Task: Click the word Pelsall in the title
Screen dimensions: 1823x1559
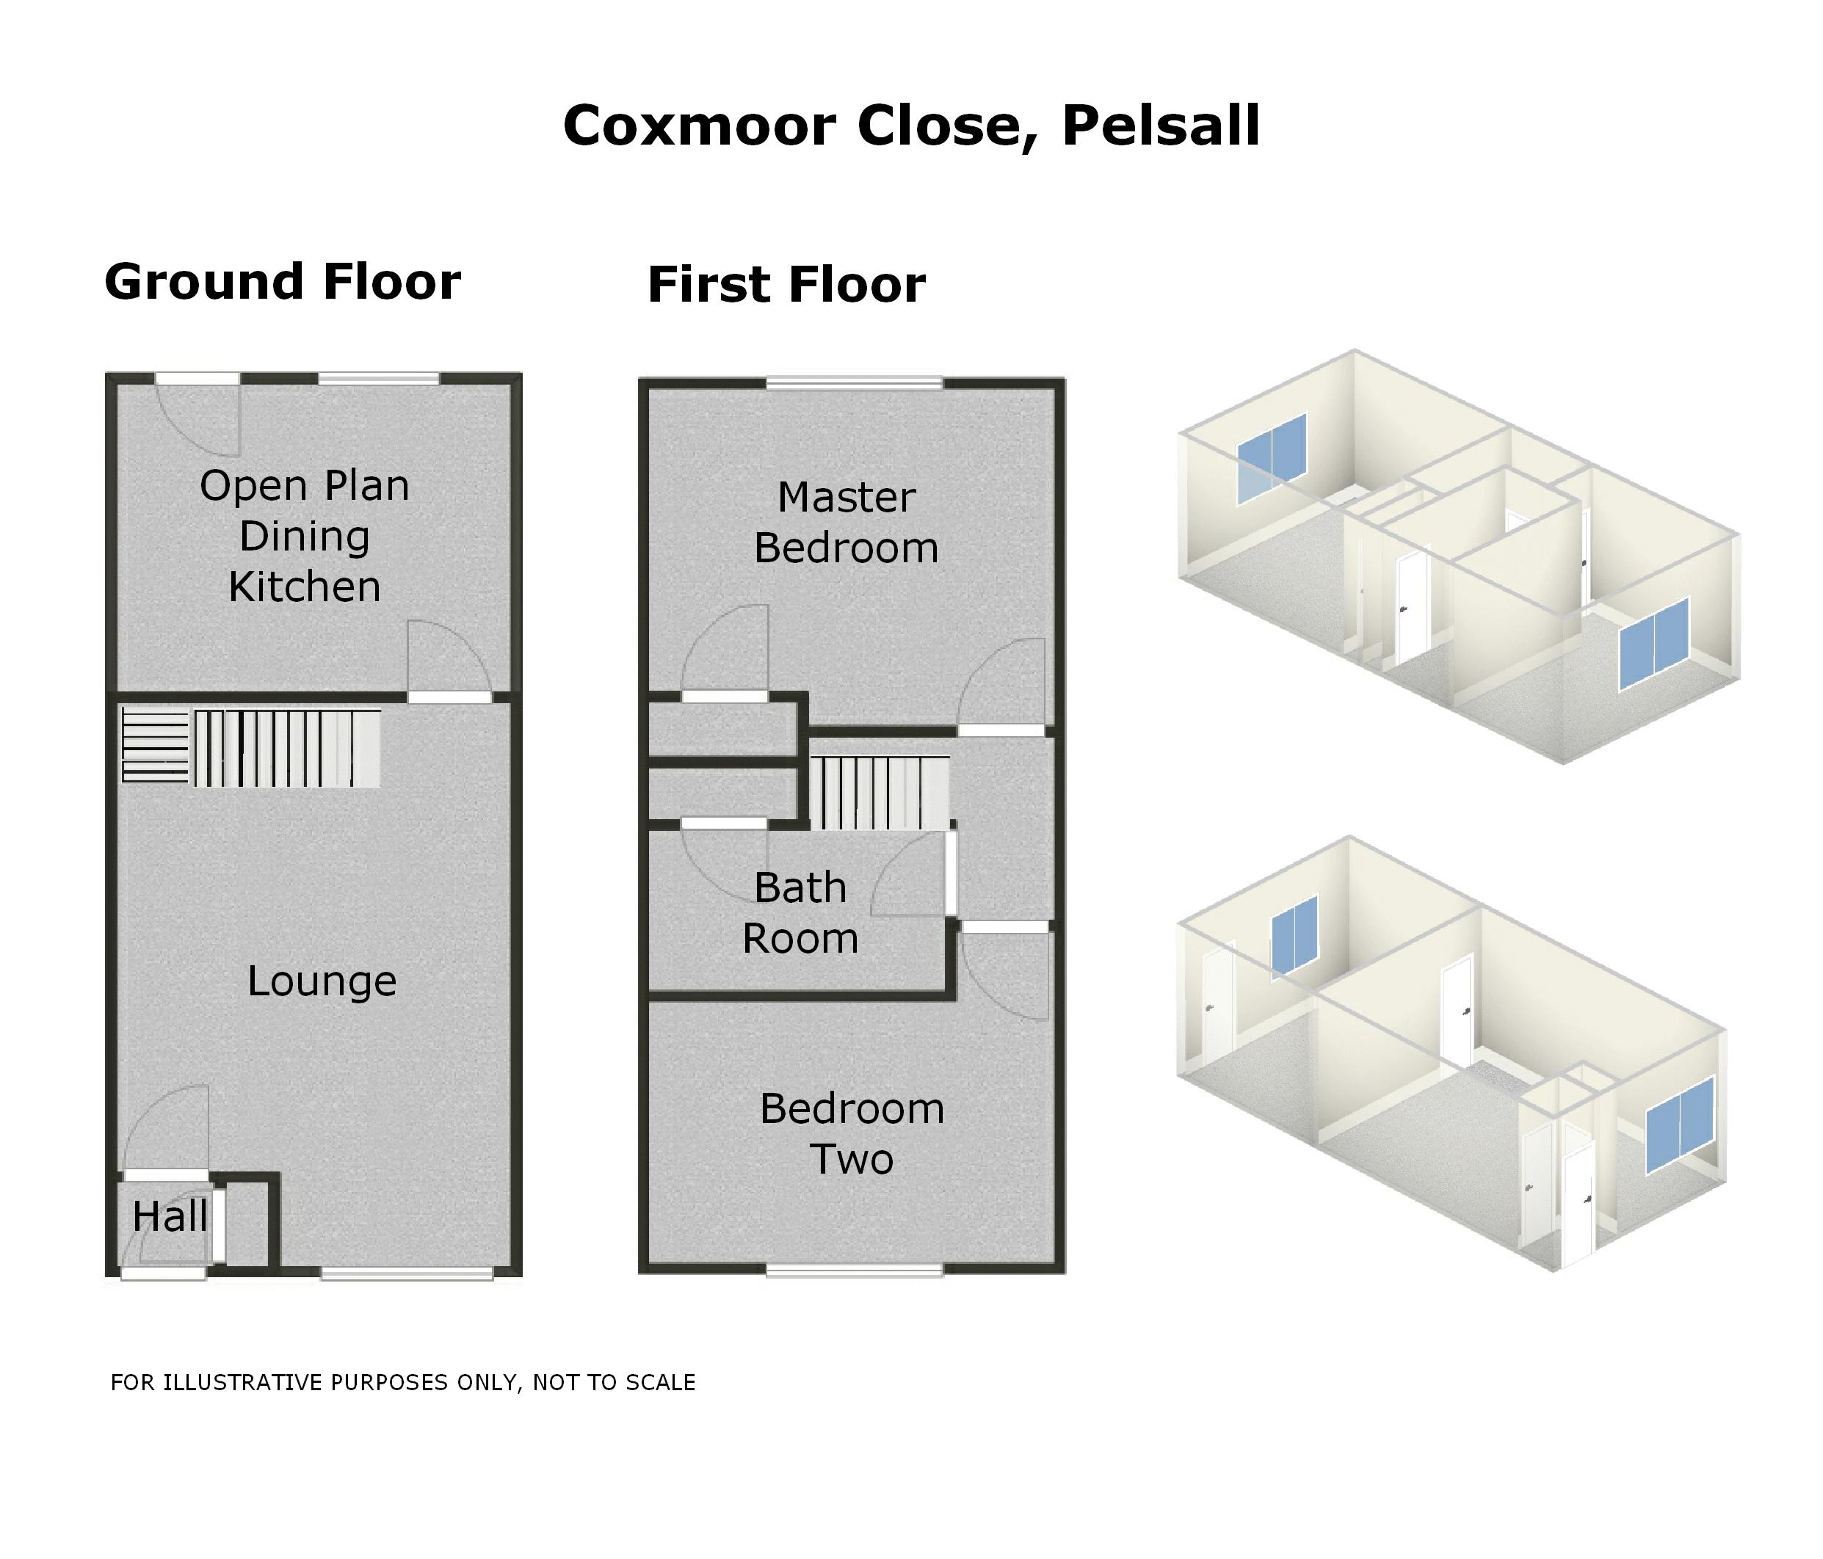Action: pyautogui.click(x=1161, y=126)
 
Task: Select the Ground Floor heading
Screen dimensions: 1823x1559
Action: pyautogui.click(x=283, y=282)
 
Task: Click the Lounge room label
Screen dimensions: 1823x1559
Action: pyautogui.click(x=322, y=980)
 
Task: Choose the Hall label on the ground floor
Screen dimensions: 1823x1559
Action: pyautogui.click(x=170, y=1217)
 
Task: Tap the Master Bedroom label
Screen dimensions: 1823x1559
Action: pyautogui.click(x=847, y=523)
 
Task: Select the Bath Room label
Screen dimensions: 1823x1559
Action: pyautogui.click(x=801, y=912)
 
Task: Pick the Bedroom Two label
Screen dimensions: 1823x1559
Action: pyautogui.click(x=852, y=1133)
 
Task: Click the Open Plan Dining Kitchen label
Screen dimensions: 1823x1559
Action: pyautogui.click(x=305, y=536)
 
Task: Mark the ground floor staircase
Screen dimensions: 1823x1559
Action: pyautogui.click(x=252, y=748)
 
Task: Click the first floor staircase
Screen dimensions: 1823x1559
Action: pyautogui.click(x=880, y=792)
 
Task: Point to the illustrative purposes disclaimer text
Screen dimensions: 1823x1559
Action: pyautogui.click(x=403, y=1382)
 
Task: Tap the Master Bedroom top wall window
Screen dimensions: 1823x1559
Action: pyautogui.click(x=855, y=382)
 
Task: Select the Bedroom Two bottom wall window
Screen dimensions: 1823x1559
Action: pyautogui.click(x=855, y=1270)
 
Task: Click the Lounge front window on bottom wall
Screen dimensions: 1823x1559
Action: pyautogui.click(x=407, y=1273)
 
